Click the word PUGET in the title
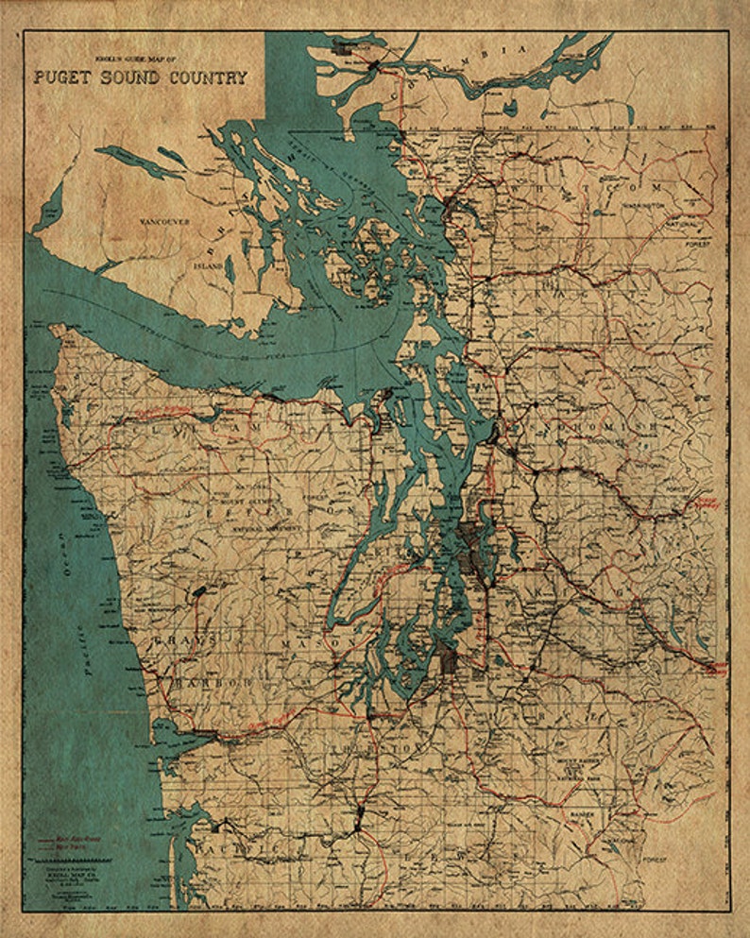[62, 77]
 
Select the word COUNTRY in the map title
[202, 77]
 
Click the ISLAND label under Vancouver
[209, 266]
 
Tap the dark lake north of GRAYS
[199, 592]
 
